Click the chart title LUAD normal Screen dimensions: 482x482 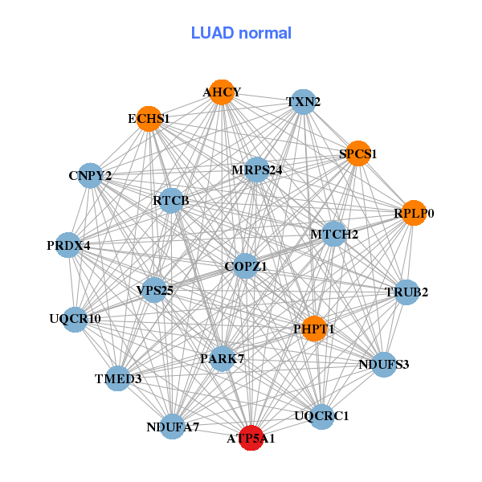(241, 33)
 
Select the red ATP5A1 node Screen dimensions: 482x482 (251, 438)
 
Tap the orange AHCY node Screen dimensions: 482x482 (222, 92)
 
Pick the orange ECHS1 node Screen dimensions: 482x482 (149, 119)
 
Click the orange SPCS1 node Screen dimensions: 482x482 (357, 153)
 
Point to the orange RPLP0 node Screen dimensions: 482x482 (414, 213)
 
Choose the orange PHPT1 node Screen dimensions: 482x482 (314, 328)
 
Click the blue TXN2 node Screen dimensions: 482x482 (303, 102)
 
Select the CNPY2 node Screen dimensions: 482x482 (90, 175)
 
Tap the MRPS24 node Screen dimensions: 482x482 (256, 170)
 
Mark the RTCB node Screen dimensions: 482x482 (171, 200)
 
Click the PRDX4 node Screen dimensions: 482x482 (68, 244)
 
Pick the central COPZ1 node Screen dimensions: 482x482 (246, 265)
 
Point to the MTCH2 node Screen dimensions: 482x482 (334, 234)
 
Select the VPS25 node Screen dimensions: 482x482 (155, 289)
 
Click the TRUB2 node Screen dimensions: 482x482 (406, 292)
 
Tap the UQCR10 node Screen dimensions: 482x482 (75, 319)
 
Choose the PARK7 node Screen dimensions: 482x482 (222, 358)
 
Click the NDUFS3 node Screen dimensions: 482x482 (383, 365)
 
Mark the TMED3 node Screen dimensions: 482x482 (117, 378)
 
